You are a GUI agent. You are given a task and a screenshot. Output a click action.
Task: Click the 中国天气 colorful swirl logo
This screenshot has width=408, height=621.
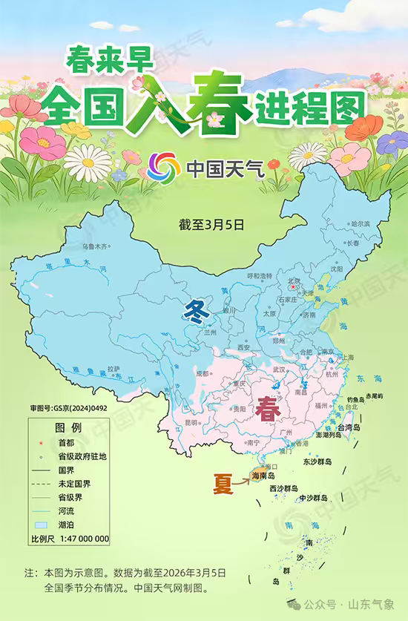pyautogui.click(x=164, y=166)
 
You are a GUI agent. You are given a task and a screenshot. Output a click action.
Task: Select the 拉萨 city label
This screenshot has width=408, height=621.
pyautogui.click(x=113, y=368)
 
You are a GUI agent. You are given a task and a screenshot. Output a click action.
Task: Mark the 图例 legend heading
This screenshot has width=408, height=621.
pyautogui.click(x=69, y=428)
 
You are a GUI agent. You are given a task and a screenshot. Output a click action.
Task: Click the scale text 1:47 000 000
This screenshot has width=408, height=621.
pyautogui.click(x=83, y=539)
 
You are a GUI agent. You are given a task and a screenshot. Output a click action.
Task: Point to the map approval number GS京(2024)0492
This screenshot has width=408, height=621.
pyautogui.click(x=68, y=408)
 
